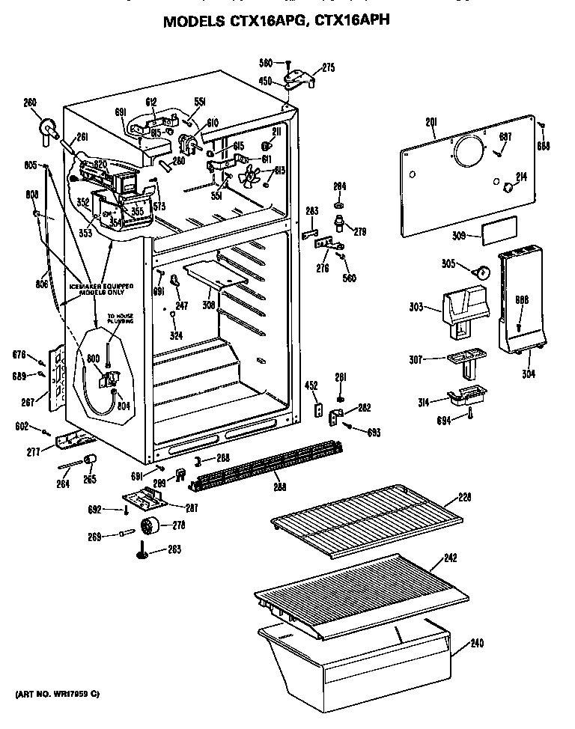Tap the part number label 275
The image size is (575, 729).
point(328,67)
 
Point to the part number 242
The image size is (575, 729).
point(471,558)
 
